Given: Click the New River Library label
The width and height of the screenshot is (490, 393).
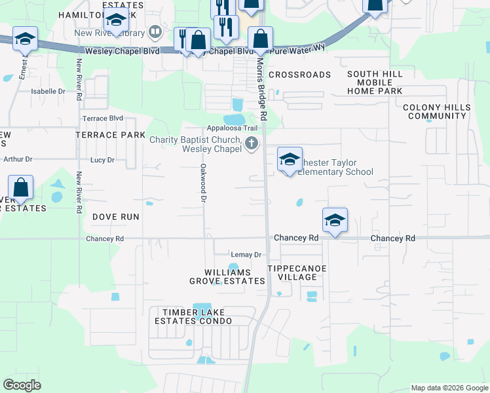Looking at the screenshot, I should coord(110,32).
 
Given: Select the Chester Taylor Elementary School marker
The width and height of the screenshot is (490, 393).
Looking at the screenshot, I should coord(290,160).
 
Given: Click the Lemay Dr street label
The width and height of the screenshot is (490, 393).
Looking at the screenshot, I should coord(246,254).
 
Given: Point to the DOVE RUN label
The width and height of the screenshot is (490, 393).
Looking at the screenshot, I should coord(115,216).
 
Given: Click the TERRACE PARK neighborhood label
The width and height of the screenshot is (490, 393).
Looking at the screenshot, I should coord(110,135).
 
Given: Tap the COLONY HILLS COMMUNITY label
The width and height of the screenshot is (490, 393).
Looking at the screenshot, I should coord(436,111).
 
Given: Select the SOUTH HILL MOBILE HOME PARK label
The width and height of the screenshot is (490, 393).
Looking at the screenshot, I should coord(375,83).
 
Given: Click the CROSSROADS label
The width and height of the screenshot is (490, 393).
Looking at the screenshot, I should coord(299,75).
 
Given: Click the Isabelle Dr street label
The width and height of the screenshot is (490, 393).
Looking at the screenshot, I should coord(48,92).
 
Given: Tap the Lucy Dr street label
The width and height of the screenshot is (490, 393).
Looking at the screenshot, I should coord(102,160).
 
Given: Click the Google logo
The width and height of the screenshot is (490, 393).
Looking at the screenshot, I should coord(22,384).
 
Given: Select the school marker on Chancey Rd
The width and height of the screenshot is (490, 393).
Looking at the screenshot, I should coord(334,221).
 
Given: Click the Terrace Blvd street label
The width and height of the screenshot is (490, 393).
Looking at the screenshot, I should coord(102,119).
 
